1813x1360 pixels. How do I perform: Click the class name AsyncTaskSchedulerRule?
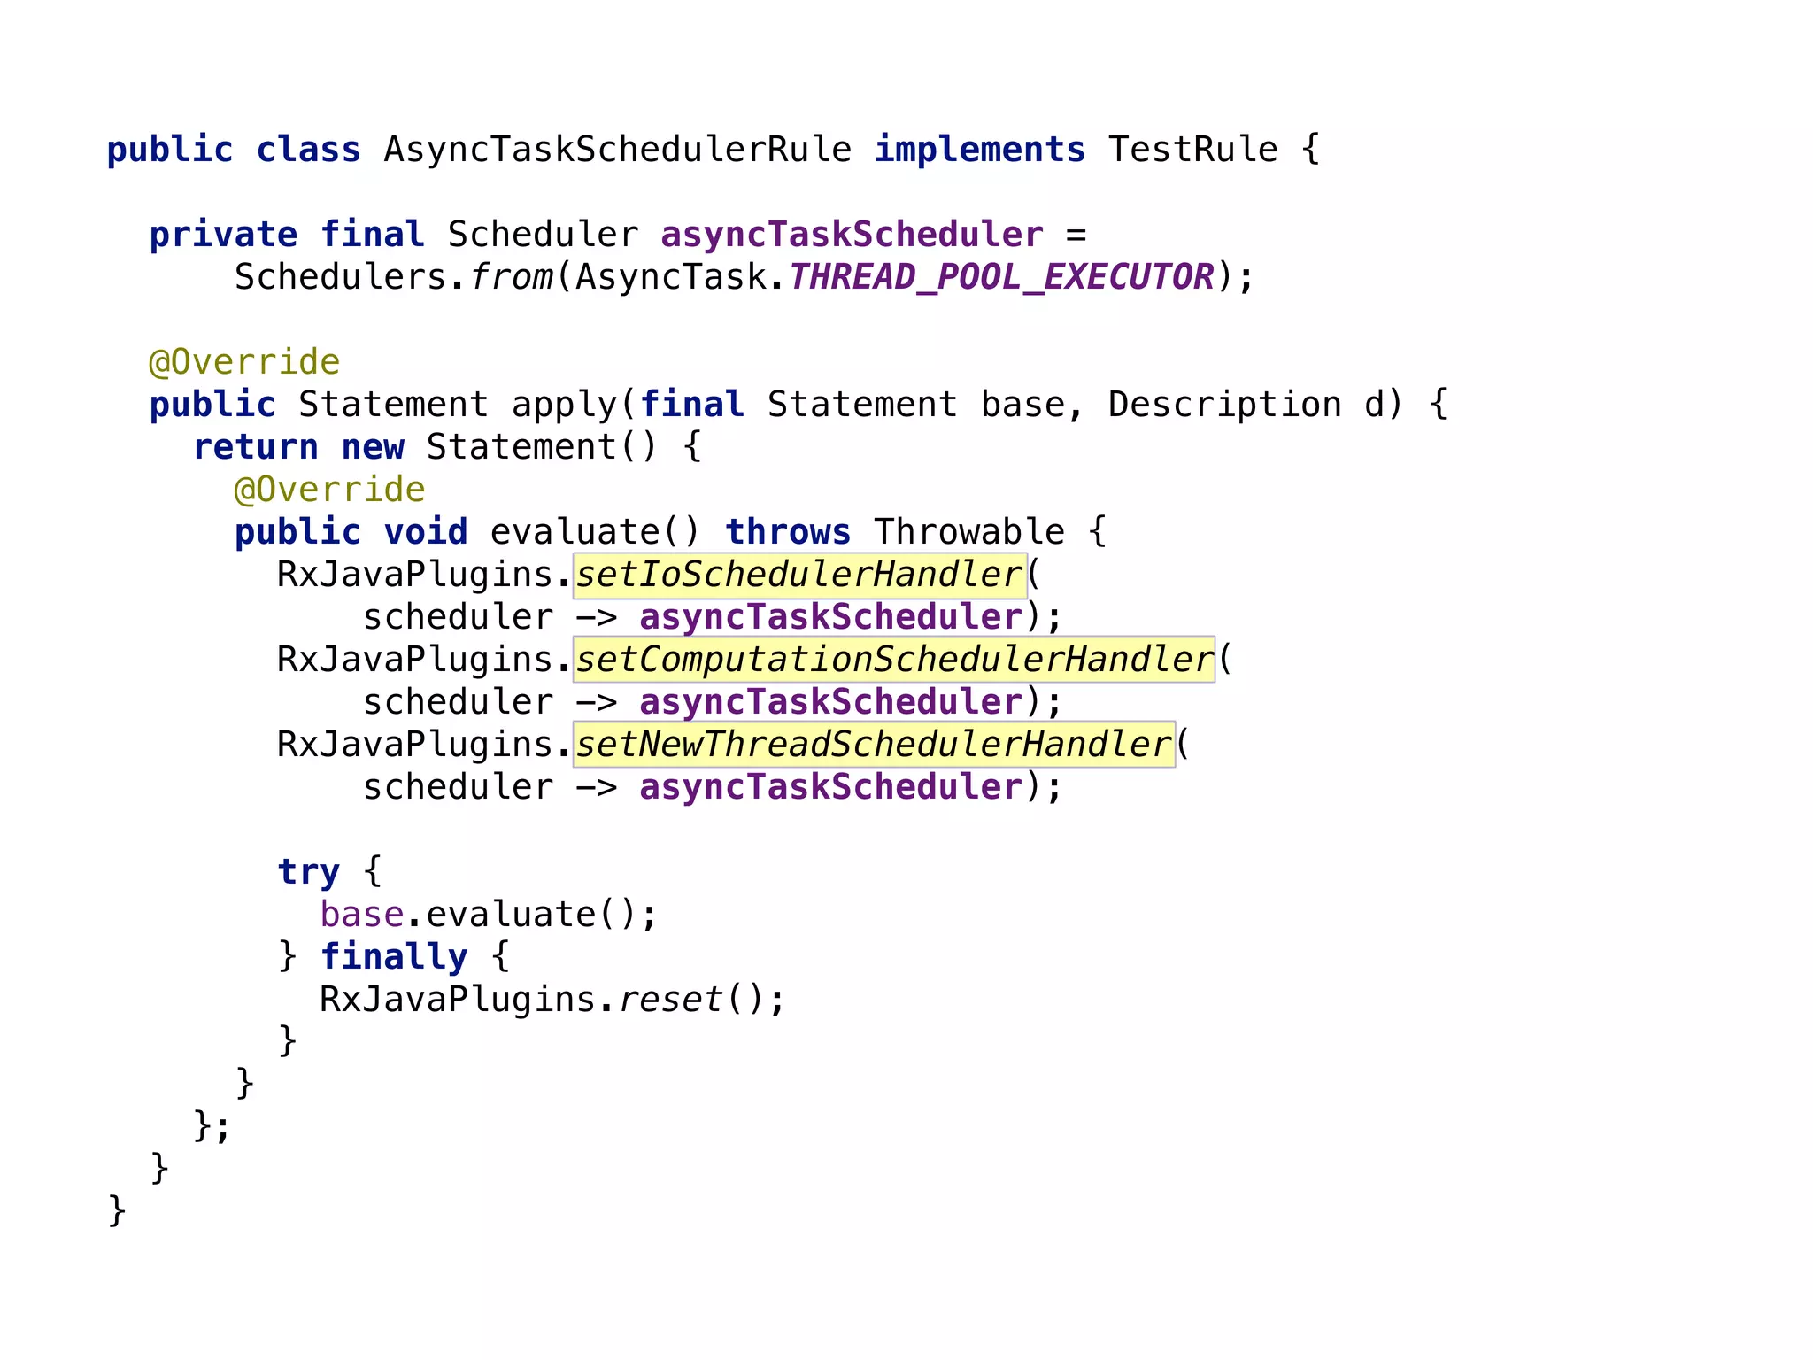click(617, 150)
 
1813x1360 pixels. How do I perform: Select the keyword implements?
click(979, 150)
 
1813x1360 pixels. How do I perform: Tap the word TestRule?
click(1192, 150)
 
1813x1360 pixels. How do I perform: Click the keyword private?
click(223, 235)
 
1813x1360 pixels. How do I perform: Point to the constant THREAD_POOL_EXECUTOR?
click(1000, 277)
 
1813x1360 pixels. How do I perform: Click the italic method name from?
click(511, 277)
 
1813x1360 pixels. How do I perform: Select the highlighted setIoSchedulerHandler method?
click(799, 575)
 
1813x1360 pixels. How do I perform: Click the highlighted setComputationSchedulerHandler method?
click(894, 660)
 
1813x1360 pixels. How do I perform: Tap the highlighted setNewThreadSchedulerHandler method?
click(874, 745)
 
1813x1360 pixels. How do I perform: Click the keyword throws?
click(788, 532)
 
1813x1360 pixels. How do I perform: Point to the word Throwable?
click(968, 532)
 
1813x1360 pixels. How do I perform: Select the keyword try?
click(308, 872)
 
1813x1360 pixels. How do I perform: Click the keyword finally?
click(393, 957)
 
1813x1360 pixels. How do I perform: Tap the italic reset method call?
click(670, 1000)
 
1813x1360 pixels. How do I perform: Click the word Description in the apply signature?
click(1224, 405)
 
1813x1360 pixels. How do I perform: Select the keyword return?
click(255, 447)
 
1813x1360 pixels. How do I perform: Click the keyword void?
click(425, 532)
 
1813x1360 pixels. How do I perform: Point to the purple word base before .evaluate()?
click(361, 915)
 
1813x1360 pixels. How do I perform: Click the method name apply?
click(564, 405)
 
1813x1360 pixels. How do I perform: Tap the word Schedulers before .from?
click(340, 277)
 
